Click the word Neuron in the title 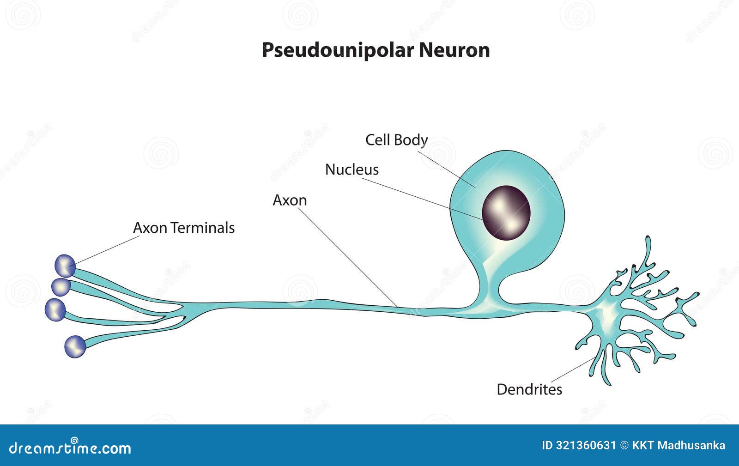click(454, 50)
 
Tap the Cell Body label click(396, 139)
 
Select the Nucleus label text click(351, 169)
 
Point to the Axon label click(290, 200)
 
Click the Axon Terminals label click(184, 228)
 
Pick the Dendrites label click(529, 389)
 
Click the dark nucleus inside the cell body click(506, 213)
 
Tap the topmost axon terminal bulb click(65, 266)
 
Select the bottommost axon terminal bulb click(75, 346)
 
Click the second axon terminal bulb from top click(61, 287)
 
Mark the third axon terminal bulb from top click(55, 309)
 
